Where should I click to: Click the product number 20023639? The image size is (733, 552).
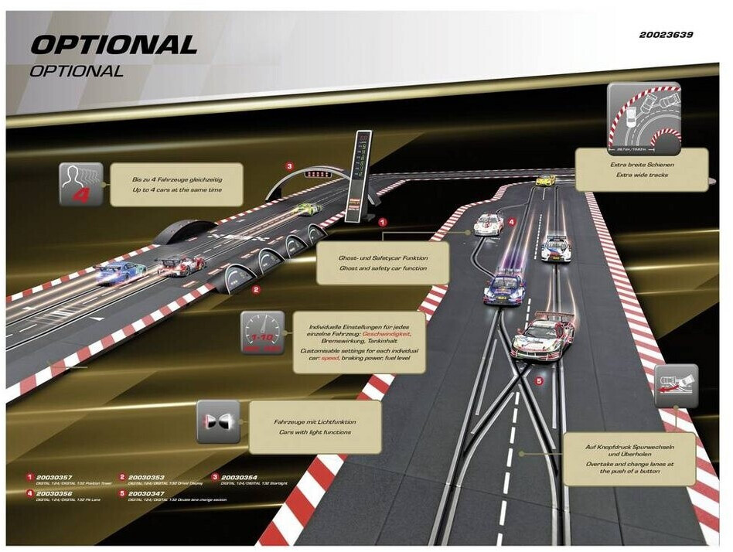click(x=666, y=35)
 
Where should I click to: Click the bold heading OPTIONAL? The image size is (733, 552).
click(x=114, y=45)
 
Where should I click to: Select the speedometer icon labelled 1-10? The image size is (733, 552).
click(x=263, y=335)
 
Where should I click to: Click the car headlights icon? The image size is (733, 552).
click(x=218, y=421)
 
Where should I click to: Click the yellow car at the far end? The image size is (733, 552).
click(x=547, y=180)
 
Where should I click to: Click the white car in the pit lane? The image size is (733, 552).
click(x=487, y=223)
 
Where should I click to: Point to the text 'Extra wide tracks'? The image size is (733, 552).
click(x=642, y=175)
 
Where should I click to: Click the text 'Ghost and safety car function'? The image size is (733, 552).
click(x=382, y=267)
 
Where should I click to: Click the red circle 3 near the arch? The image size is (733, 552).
click(x=289, y=165)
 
